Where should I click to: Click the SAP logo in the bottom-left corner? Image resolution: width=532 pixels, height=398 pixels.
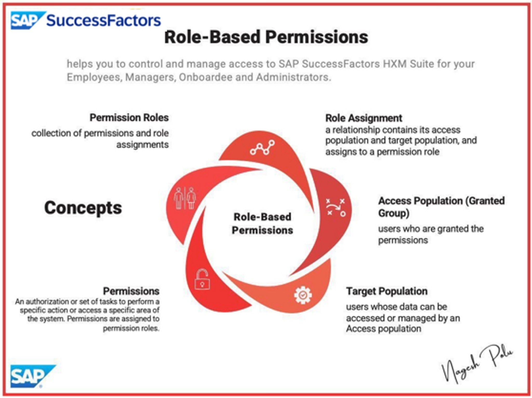click(x=30, y=376)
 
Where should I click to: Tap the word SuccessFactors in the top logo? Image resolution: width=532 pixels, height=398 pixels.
click(x=103, y=20)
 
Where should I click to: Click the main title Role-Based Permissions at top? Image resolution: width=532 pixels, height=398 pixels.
click(x=266, y=37)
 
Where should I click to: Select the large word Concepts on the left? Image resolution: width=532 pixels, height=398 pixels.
click(x=83, y=208)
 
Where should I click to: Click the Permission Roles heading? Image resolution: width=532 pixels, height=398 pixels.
click(x=129, y=118)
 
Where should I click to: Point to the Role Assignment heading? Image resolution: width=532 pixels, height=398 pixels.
click(x=363, y=118)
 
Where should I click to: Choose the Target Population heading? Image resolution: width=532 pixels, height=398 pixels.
click(x=387, y=291)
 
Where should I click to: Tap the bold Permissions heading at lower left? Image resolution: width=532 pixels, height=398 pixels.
click(x=131, y=291)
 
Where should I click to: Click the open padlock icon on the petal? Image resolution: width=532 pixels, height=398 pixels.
click(x=202, y=279)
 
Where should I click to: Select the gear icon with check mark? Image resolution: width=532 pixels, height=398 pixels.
click(x=303, y=295)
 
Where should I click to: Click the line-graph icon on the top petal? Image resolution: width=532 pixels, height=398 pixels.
click(x=262, y=148)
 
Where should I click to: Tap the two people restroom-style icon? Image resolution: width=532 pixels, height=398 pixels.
click(x=185, y=198)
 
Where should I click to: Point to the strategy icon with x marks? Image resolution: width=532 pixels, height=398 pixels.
click(x=336, y=207)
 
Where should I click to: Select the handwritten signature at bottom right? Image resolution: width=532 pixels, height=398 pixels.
click(x=477, y=363)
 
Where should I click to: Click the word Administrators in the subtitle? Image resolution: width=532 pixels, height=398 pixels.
click(x=294, y=77)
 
